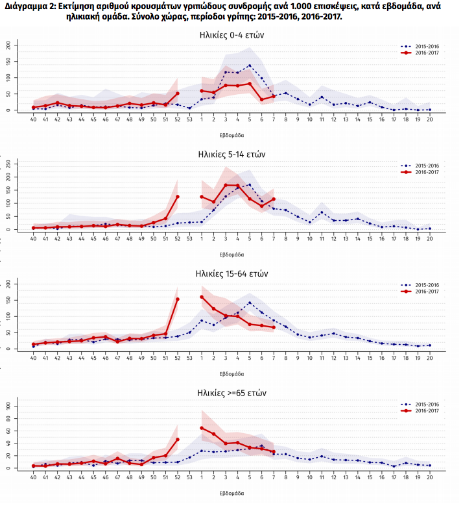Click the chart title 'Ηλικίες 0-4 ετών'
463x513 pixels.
(231, 34)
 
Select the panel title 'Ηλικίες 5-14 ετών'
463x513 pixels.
(231, 154)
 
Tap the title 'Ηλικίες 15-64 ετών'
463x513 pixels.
(231, 273)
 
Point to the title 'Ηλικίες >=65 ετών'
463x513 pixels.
(231, 394)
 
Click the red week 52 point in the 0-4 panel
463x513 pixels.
(177, 94)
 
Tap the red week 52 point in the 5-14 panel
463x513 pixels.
(177, 197)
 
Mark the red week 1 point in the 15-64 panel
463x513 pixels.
(202, 297)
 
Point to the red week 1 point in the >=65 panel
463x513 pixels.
(202, 427)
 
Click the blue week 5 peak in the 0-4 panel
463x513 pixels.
(250, 66)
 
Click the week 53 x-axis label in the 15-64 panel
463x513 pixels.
(189, 358)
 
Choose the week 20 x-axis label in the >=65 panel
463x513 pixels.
(429, 477)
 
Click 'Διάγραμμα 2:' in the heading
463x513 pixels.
(27, 5)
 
